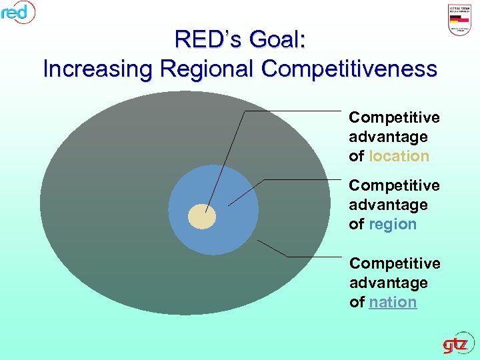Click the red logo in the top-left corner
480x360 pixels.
coord(17,11)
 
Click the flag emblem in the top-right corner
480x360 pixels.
coord(461,20)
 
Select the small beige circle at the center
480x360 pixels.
coord(202,216)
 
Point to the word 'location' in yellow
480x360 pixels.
coord(399,156)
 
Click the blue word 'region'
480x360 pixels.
coord(392,224)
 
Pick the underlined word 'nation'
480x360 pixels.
coord(393,302)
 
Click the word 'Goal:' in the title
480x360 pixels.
coord(276,39)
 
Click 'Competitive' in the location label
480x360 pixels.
coord(394,117)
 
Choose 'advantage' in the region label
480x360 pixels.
coord(388,205)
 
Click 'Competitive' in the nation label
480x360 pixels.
coord(395,263)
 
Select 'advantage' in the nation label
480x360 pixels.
coord(389,283)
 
